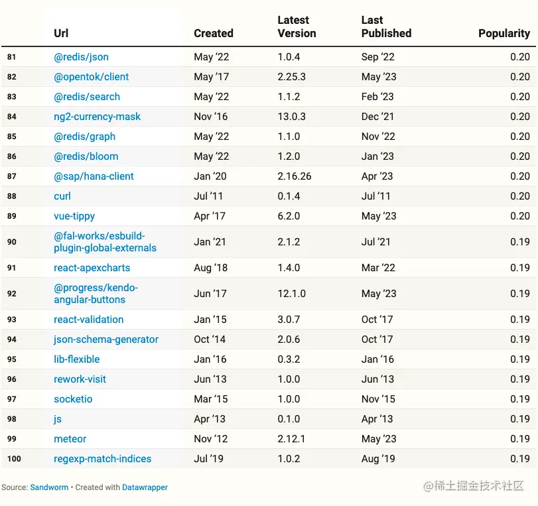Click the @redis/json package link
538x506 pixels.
coord(81,57)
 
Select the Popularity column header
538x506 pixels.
coord(504,33)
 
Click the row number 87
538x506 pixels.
coord(12,176)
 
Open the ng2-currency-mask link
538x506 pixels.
coord(97,117)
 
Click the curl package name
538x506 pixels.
coord(62,196)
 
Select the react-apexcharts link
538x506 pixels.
coord(92,268)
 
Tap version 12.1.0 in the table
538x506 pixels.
coord(291,294)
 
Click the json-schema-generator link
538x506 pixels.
coord(106,340)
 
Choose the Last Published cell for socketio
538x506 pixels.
coord(377,399)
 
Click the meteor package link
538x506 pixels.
coord(70,439)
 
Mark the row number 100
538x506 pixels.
coord(14,459)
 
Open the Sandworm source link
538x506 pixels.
coord(49,487)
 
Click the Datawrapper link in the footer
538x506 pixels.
coord(145,487)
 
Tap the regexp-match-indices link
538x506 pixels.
coord(102,459)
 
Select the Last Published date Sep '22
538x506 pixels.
coord(377,57)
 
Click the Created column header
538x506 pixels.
coord(213,33)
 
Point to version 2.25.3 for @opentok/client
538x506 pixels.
coord(291,77)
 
